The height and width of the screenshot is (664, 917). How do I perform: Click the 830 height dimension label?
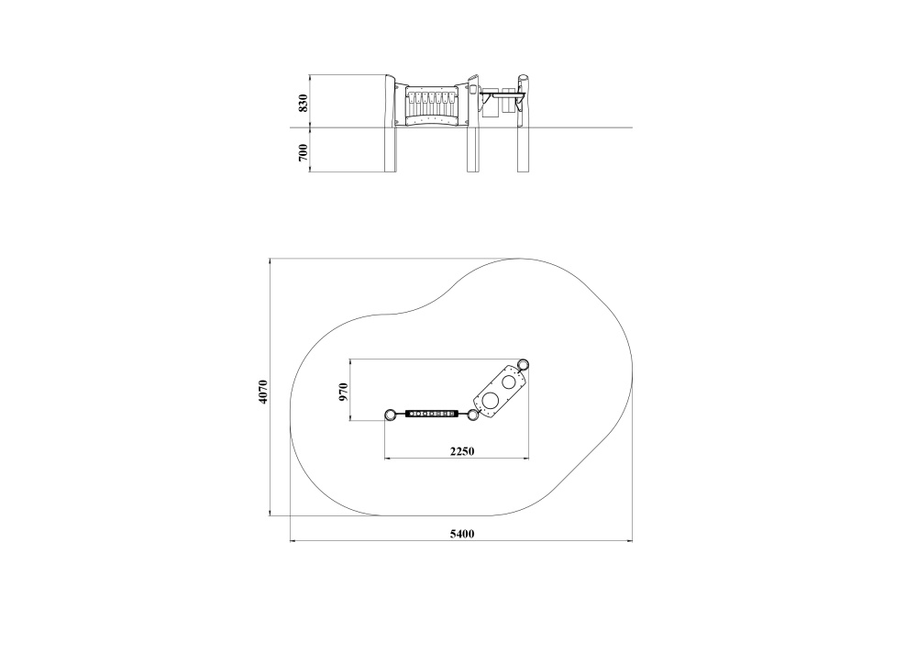(303, 103)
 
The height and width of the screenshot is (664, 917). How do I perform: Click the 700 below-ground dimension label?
(303, 152)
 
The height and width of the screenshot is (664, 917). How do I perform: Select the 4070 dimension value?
(263, 392)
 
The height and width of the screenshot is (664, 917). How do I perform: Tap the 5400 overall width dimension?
(462, 534)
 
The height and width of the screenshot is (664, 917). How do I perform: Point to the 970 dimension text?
(343, 392)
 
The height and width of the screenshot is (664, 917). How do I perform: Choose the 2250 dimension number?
(462, 451)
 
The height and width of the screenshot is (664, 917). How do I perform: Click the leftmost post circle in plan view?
(390, 415)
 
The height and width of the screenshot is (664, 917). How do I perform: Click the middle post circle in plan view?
(472, 415)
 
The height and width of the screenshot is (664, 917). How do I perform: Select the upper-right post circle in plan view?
(524, 364)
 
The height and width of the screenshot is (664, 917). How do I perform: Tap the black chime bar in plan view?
(431, 415)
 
